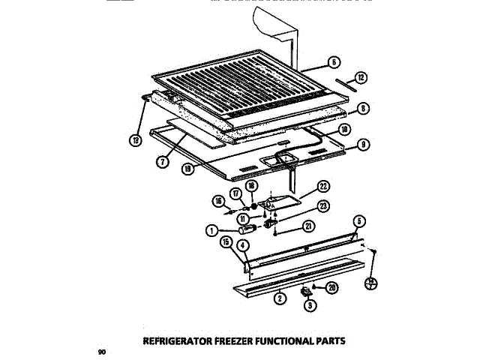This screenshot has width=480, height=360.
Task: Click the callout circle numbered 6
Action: point(334,62)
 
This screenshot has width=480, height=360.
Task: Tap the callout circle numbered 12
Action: point(361,77)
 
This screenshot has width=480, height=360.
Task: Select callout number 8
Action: point(363,108)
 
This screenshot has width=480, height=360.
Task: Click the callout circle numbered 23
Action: point(322,208)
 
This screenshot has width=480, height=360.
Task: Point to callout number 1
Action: point(214,231)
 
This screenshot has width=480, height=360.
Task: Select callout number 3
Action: point(309,305)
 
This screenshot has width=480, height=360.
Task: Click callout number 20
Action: point(332,286)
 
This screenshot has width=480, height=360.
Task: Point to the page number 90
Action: point(101,350)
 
